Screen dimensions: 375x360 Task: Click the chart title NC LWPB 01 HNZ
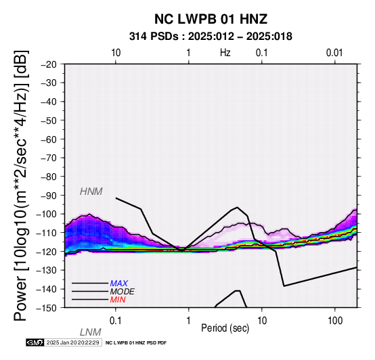click(211, 19)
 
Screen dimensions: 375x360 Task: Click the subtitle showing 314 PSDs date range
click(211, 37)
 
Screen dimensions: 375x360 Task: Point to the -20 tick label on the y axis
click(49, 64)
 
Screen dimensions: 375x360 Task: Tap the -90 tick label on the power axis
click(49, 196)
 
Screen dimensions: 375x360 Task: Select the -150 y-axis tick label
click(47, 308)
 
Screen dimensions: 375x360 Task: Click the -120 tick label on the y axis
click(47, 252)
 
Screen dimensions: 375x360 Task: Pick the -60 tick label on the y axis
click(49, 139)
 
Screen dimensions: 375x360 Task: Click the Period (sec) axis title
click(225, 328)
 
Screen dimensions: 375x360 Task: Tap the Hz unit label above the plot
click(225, 53)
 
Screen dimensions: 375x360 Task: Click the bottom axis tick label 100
click(335, 321)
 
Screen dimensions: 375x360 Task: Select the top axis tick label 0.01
click(334, 53)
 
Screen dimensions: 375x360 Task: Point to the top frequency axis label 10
click(116, 53)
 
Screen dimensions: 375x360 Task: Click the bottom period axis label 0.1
click(115, 321)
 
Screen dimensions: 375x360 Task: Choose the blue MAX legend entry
click(119, 284)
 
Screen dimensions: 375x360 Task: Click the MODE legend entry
click(123, 292)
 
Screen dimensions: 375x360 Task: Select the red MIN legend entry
click(118, 300)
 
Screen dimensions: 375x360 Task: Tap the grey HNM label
click(91, 192)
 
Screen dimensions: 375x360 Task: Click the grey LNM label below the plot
click(91, 332)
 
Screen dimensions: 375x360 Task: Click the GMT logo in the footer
click(35, 342)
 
